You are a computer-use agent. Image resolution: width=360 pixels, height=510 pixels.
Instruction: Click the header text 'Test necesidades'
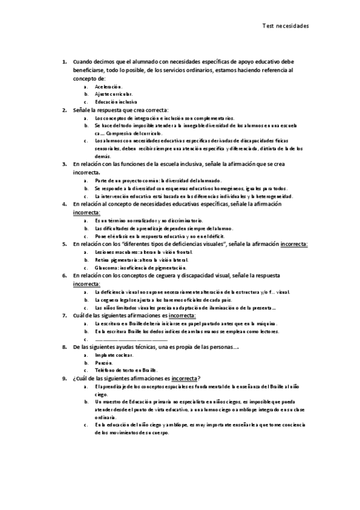[x=285, y=26]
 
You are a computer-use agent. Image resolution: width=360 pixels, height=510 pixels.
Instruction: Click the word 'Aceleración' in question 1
[x=108, y=87]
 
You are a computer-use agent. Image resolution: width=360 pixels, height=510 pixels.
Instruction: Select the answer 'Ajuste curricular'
[x=114, y=94]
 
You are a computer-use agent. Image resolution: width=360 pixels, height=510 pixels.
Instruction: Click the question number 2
[x=65, y=110]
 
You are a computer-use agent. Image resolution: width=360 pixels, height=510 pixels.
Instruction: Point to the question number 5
[x=65, y=244]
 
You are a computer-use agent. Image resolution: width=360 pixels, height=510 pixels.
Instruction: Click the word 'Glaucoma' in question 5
[x=106, y=268]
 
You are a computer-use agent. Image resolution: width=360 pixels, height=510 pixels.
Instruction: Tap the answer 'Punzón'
[x=103, y=363]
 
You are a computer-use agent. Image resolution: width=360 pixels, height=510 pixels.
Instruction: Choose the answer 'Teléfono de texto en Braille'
[x=126, y=370]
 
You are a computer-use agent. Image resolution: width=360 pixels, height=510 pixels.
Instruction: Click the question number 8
[x=65, y=347]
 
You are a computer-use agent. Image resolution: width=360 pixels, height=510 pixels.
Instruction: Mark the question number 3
[x=65, y=164]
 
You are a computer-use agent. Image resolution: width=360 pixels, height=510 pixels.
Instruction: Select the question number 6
[x=65, y=276]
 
